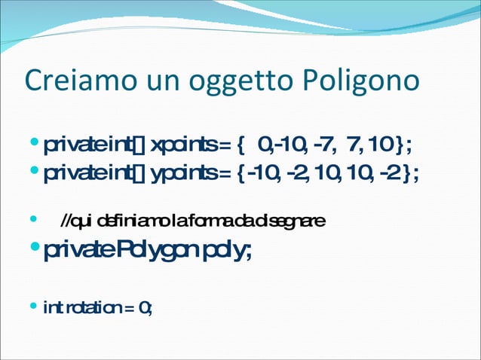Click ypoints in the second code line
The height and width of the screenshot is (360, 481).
coord(179,174)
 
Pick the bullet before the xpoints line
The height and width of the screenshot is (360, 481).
coord(32,142)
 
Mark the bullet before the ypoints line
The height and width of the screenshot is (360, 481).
coord(32,174)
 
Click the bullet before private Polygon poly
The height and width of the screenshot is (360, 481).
coord(32,248)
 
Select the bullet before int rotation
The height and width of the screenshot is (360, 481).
coord(32,307)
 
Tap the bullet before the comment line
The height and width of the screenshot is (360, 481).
coord(32,221)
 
